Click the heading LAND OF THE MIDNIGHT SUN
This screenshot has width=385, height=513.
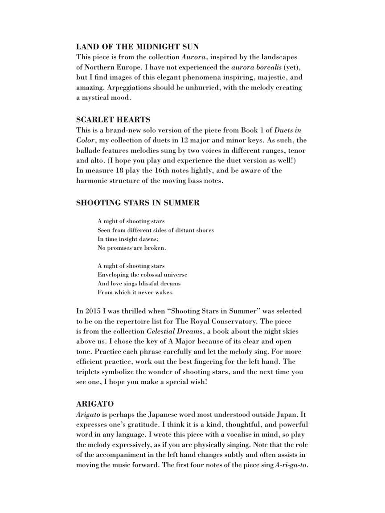(x=137, y=46)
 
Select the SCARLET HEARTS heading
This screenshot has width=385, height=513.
(x=113, y=119)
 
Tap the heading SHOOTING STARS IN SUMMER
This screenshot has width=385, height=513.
(x=138, y=203)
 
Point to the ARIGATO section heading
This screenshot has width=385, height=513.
(x=94, y=404)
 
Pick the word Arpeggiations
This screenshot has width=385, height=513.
(x=129, y=87)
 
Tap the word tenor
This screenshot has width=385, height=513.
(x=296, y=151)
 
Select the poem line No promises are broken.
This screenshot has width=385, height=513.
(x=131, y=248)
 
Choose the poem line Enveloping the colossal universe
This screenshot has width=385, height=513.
(x=142, y=275)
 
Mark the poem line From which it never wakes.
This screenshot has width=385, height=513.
(x=135, y=293)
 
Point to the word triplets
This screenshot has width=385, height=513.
(x=89, y=372)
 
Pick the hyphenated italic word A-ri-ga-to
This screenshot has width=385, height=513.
(x=291, y=465)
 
